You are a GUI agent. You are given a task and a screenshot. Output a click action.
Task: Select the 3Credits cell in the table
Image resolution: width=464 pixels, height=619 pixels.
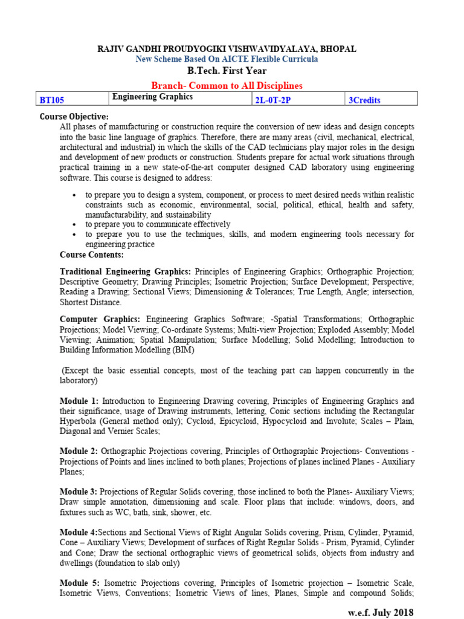point(364,100)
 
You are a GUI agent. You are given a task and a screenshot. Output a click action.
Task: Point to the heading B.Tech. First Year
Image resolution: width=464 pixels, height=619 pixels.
point(227,71)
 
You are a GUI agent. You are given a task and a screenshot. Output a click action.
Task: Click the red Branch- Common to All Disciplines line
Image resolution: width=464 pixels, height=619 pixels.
point(227,86)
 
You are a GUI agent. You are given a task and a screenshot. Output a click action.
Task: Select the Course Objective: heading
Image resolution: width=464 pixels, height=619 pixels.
point(74,116)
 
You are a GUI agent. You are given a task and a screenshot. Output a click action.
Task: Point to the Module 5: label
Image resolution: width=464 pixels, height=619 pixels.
point(80,583)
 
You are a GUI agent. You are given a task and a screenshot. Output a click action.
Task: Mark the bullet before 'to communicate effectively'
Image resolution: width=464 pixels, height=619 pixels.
point(74,223)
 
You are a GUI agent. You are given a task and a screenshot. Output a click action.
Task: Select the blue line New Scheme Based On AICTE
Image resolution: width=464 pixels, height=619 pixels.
point(227,59)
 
